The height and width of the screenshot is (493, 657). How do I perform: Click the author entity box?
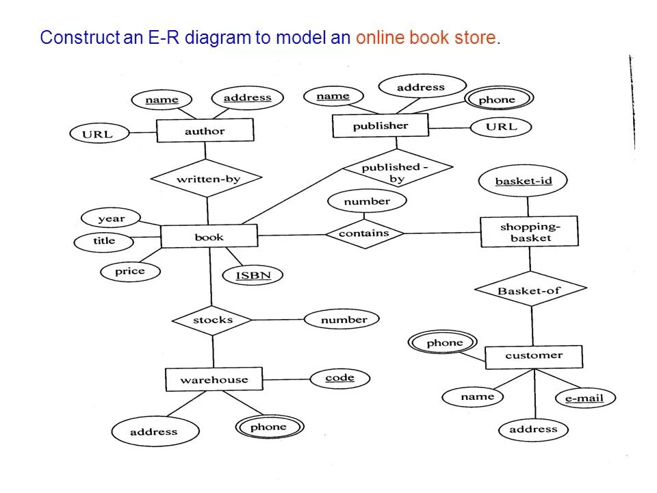coord(205,131)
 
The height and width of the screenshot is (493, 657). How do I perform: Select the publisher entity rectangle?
coord(380,126)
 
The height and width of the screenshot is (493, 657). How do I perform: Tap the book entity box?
coord(209,237)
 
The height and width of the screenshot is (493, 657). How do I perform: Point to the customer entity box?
coord(533,356)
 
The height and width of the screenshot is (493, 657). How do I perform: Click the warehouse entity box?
coord(214,379)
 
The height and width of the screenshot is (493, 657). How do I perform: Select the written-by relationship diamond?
coord(207,179)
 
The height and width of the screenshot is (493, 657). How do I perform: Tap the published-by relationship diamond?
coord(397,171)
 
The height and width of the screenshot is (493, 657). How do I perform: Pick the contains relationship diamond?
coord(363,233)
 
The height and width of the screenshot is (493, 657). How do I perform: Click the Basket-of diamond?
coord(530,290)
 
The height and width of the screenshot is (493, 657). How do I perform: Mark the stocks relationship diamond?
coord(212,320)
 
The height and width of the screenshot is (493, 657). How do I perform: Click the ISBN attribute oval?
coord(253,275)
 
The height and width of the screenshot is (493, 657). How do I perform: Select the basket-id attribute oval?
coord(524,181)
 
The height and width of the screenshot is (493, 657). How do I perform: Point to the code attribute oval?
coord(339,378)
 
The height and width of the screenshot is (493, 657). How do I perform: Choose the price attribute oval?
coord(129,271)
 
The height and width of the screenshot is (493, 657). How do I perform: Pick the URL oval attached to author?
coord(97,134)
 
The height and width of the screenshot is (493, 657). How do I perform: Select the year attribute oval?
coord(111,219)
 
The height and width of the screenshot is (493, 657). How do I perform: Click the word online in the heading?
coord(378,37)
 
